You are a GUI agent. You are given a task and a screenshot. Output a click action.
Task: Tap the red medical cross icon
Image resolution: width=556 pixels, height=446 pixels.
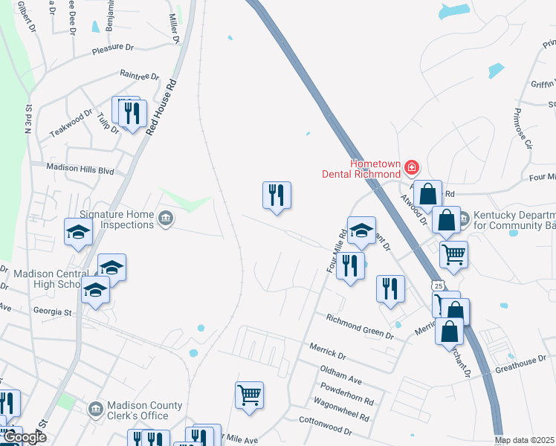coord(412,167)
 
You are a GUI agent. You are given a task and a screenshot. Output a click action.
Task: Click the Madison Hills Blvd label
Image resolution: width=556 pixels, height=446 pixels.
coord(80,169)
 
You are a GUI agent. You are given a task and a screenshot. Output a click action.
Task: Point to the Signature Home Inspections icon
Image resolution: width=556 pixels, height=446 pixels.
coord(166,220)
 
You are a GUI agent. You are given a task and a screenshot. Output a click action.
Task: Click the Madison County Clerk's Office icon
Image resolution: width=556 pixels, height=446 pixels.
coord(95,410)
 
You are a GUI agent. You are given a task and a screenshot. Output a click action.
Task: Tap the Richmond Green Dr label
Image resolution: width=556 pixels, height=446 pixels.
coord(360,326)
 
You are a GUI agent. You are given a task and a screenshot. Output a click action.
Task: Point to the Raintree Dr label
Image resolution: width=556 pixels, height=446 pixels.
coord(140,75)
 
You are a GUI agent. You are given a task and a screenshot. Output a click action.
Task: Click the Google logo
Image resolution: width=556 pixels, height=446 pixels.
coord(24,437)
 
